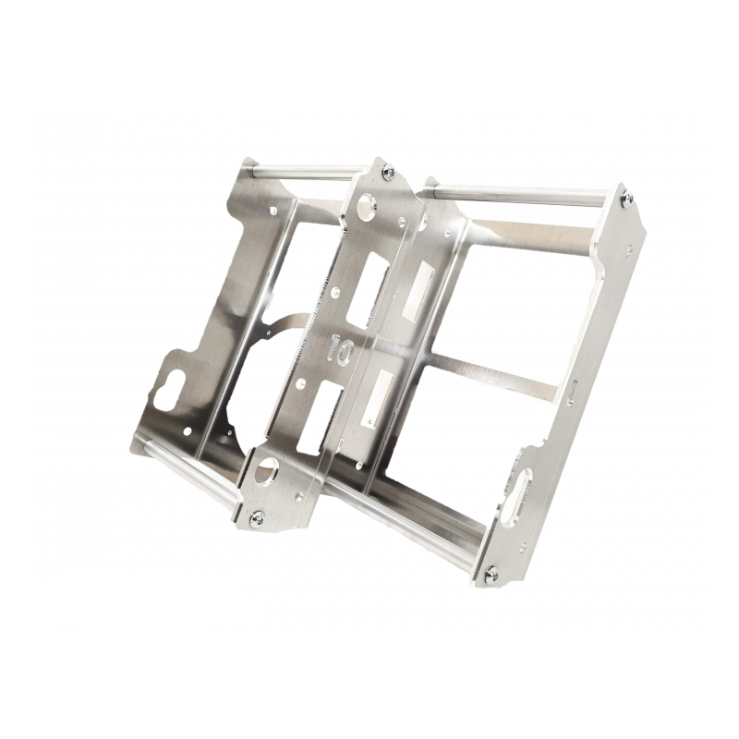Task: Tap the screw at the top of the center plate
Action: pos(389,173)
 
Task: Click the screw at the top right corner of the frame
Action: pos(626,199)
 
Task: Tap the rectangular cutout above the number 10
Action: pos(367,285)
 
